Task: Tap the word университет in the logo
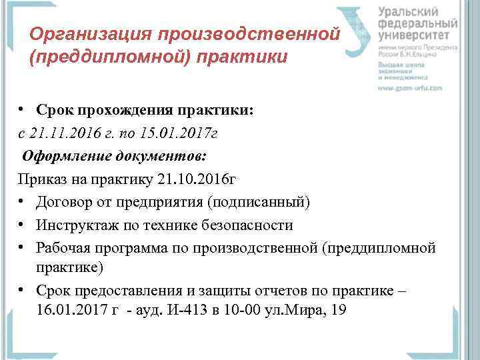(x=417, y=35)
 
